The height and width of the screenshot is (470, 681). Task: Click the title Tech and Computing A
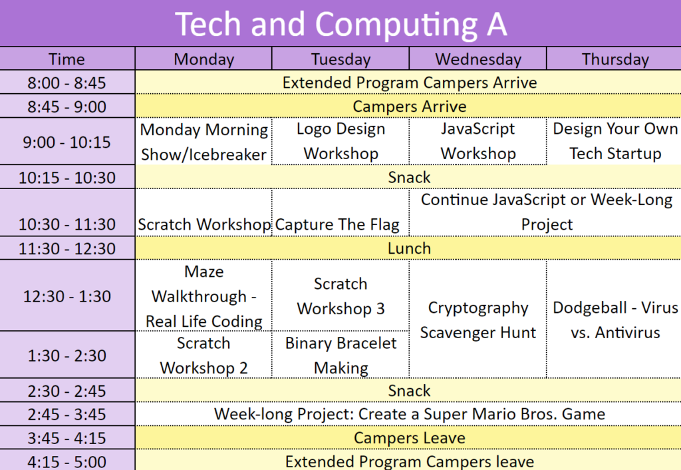pyautogui.click(x=341, y=24)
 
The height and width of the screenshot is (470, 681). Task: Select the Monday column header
pyautogui.click(x=204, y=59)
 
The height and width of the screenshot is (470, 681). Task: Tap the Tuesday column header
pyautogui.click(x=341, y=59)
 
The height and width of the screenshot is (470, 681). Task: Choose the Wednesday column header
pyautogui.click(x=478, y=59)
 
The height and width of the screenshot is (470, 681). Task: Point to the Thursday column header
pyautogui.click(x=615, y=59)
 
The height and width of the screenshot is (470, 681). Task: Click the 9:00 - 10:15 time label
pyautogui.click(x=67, y=142)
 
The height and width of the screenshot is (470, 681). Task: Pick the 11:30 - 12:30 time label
pyautogui.click(x=67, y=249)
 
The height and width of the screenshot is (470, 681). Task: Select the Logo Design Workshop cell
pyautogui.click(x=341, y=141)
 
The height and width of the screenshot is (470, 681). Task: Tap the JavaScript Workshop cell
pyautogui.click(x=478, y=141)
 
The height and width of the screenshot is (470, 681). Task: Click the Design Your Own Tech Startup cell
pyautogui.click(x=615, y=141)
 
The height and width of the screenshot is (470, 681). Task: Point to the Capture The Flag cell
pyautogui.click(x=337, y=225)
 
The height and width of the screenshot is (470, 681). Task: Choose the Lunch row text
pyautogui.click(x=409, y=248)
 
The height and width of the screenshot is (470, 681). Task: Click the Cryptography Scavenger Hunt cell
pyautogui.click(x=478, y=320)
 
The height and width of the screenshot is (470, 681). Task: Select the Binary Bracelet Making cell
pyautogui.click(x=341, y=355)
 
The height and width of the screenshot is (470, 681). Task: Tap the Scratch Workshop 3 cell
pyautogui.click(x=341, y=296)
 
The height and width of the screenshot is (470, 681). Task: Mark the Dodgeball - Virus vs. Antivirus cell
pyautogui.click(x=615, y=320)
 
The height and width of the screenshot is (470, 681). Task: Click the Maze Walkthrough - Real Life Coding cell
pyautogui.click(x=204, y=296)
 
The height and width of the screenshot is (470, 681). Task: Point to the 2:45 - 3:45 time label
pyautogui.click(x=67, y=414)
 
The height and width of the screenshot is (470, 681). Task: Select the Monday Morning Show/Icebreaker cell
pyautogui.click(x=204, y=142)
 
